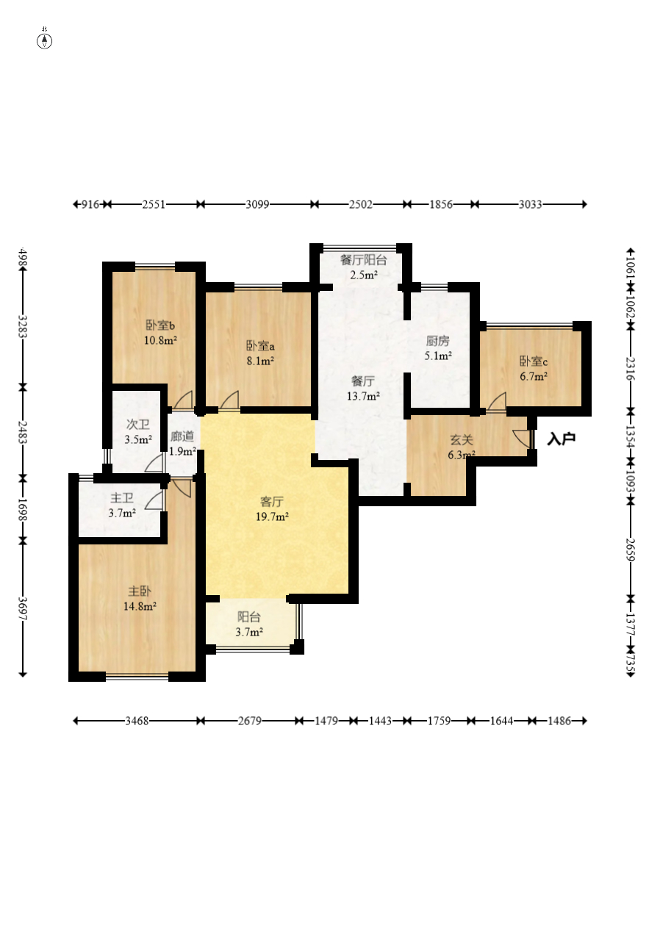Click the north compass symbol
[x=44, y=41]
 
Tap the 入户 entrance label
[x=561, y=439]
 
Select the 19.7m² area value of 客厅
[x=272, y=517]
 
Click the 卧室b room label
[x=160, y=325]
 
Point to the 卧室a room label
[x=260, y=345]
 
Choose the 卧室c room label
[x=533, y=361]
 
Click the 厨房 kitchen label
[x=437, y=341]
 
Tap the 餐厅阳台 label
[x=364, y=260]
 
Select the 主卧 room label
[x=140, y=591]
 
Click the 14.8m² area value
[x=140, y=606]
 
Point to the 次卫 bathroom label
[x=138, y=424]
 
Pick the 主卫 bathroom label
[x=122, y=498]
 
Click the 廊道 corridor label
[x=182, y=436]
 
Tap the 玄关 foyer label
[x=462, y=440]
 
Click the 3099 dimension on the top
[x=257, y=204]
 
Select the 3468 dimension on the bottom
[x=137, y=721]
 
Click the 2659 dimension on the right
[x=631, y=550]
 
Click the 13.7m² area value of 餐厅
[x=364, y=396]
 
